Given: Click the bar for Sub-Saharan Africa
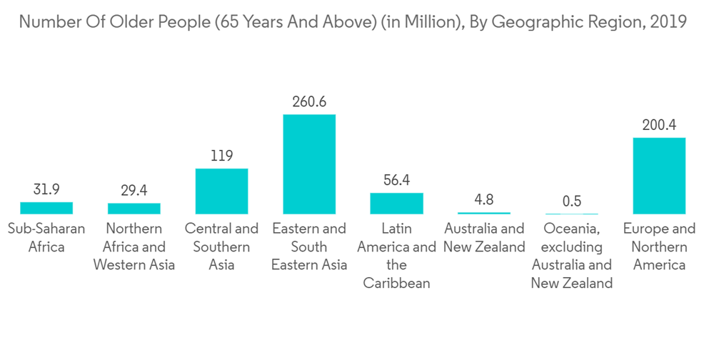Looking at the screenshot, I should pos(46,208).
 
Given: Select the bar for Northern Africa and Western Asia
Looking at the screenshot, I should pos(134,209).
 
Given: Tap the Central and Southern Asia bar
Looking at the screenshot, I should pos(221,191).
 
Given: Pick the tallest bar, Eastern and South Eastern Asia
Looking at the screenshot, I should pos(309,164).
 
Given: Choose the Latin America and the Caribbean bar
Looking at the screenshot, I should pos(396,204).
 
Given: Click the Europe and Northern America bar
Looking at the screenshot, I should pos(659,176).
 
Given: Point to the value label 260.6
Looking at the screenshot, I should pos(309,102).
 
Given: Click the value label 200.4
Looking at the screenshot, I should pos(659,125).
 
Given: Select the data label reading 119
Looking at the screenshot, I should pos(221,156).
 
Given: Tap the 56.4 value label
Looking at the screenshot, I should pos(396,180).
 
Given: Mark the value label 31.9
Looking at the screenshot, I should pos(46,190).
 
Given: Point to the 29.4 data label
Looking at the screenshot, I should pos(134,191).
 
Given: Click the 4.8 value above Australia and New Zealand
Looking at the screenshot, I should pos(484,200).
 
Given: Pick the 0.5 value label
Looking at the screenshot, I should pos(571,201).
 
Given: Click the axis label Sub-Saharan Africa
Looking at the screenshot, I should pos(46,238).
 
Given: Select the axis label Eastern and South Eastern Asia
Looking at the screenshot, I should pos(309,247).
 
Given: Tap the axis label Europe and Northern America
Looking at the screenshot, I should pos(659,247).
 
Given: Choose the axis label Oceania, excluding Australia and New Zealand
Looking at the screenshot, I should pos(571,256).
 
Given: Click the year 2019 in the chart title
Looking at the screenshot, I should pos(668,22).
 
